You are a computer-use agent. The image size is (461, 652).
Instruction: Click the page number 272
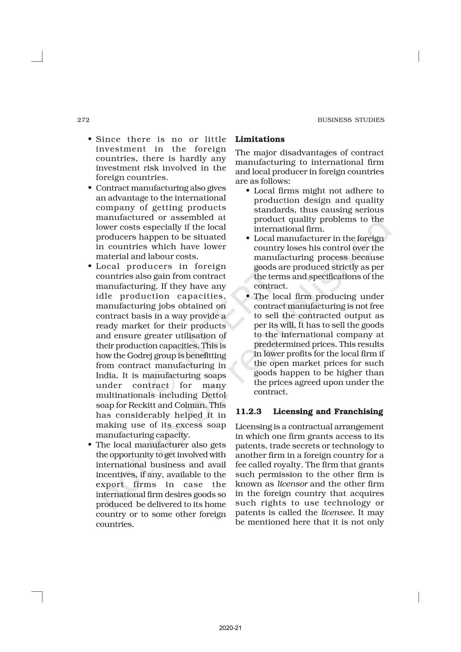pyautogui.click(x=83, y=120)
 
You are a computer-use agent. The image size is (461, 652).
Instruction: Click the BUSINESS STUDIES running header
pyautogui.click(x=351, y=120)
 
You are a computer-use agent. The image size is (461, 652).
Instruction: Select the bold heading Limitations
pyautogui.click(x=260, y=139)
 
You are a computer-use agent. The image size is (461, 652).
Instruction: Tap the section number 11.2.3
pyautogui.click(x=248, y=411)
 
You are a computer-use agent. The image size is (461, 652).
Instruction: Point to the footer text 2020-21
pyautogui.click(x=230, y=628)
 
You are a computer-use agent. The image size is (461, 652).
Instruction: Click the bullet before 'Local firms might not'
pyautogui.click(x=248, y=191)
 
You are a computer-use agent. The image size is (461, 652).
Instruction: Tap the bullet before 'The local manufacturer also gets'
pyautogui.click(x=90, y=445)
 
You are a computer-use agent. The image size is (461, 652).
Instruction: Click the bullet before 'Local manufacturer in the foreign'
pyautogui.click(x=248, y=238)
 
